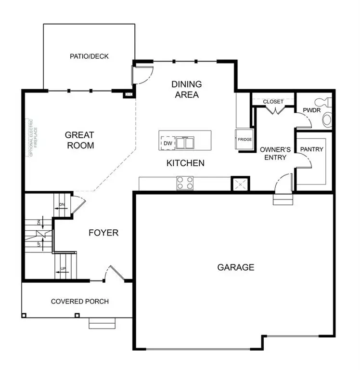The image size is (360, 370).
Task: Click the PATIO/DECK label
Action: (x=90, y=56)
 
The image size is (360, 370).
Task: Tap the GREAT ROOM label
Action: (x=79, y=140)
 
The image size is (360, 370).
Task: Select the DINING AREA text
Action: (x=187, y=89)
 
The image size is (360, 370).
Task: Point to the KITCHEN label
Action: (x=185, y=163)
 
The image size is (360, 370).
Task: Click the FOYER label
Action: (x=103, y=233)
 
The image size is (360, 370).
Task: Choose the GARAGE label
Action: (x=235, y=267)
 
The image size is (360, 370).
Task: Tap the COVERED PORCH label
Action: (x=80, y=302)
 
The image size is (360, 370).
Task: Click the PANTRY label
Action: (x=312, y=149)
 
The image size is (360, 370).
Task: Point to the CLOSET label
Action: (x=273, y=102)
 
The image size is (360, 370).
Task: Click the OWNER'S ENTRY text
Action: (x=273, y=153)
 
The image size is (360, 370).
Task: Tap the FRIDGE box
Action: (x=244, y=140)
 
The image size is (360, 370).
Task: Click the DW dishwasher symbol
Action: (x=167, y=143)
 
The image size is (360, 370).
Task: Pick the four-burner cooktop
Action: (x=185, y=183)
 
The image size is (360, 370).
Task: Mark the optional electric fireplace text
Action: (x=31, y=138)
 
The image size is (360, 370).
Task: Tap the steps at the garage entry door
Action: (x=282, y=199)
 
